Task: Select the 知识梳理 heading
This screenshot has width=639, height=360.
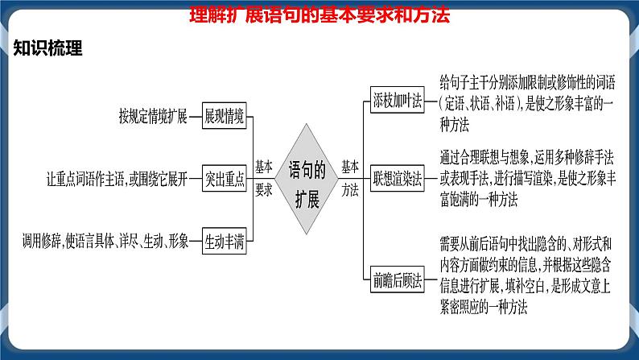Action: tap(48, 49)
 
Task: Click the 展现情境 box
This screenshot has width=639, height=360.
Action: tap(224, 116)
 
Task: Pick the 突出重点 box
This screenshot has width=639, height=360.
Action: tap(224, 180)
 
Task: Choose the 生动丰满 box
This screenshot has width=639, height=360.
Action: tap(224, 241)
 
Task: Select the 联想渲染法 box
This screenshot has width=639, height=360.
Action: tap(398, 179)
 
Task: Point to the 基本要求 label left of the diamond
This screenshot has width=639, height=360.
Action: tap(263, 178)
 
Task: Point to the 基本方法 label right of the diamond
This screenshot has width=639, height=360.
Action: tap(350, 178)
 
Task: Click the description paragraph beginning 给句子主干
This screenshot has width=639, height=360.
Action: tap(526, 102)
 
